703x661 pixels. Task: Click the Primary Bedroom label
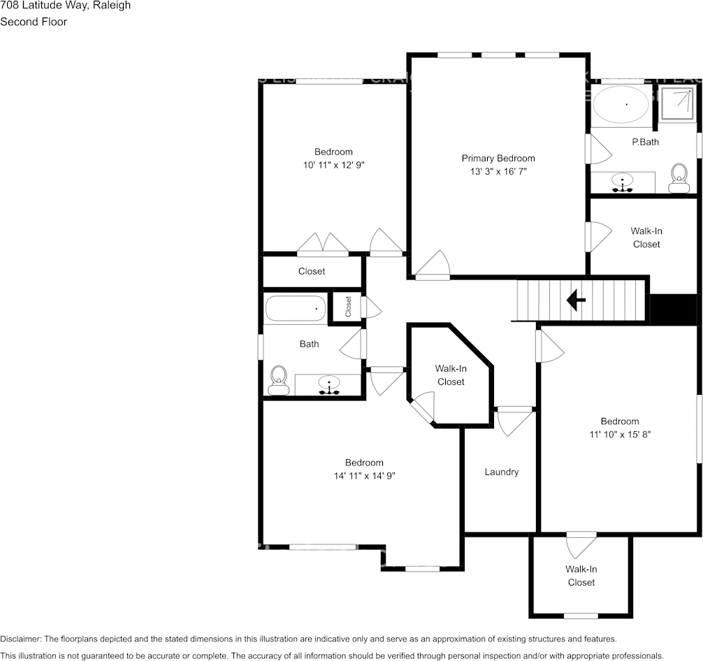(x=498, y=158)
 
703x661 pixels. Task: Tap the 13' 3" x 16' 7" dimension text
(x=498, y=171)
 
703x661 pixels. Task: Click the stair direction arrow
(x=576, y=301)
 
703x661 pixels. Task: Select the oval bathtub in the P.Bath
(x=621, y=106)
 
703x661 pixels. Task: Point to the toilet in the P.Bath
(x=678, y=178)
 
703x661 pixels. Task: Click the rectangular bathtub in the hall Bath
(x=295, y=308)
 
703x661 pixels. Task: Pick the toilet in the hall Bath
(x=279, y=381)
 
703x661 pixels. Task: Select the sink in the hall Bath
(x=328, y=384)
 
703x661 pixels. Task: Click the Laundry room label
(x=501, y=472)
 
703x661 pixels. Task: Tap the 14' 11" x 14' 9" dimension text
(x=363, y=476)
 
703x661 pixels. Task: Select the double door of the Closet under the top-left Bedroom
(x=322, y=244)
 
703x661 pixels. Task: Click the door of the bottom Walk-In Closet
(x=581, y=545)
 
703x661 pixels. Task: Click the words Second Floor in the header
(x=34, y=22)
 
